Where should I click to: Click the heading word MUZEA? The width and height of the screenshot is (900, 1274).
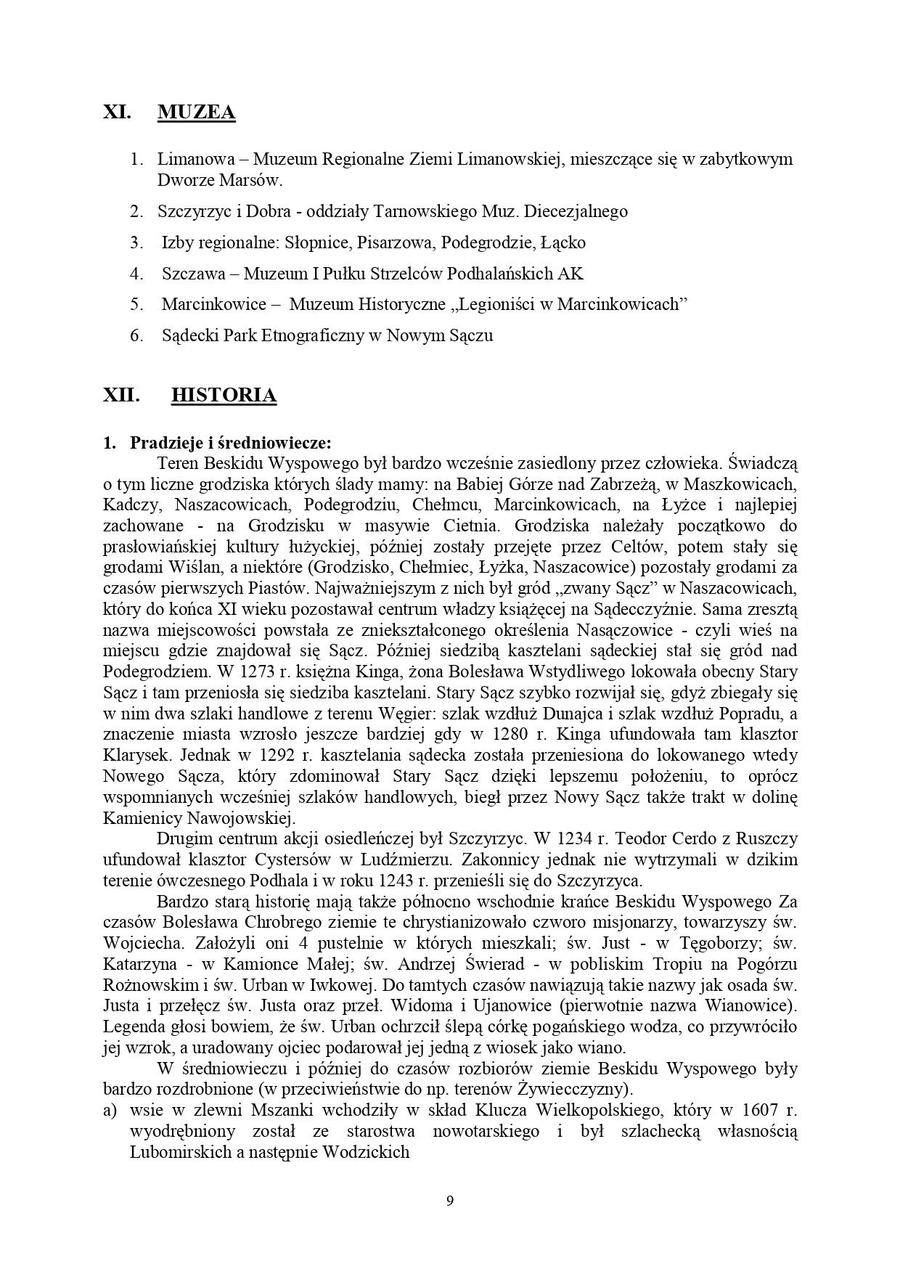point(196,113)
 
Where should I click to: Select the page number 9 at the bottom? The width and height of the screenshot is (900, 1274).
point(450,1199)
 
